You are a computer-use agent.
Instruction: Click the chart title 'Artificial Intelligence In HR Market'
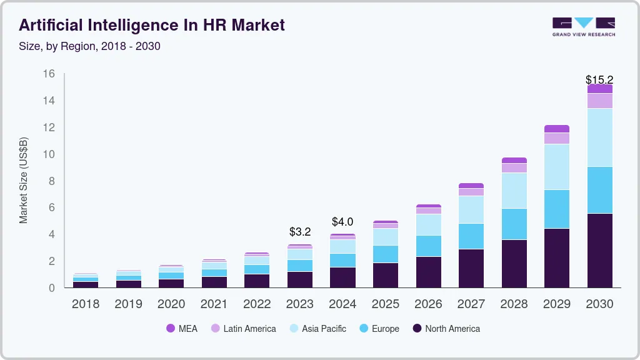click(x=152, y=25)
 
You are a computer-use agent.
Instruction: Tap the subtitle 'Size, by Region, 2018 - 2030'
click(x=90, y=46)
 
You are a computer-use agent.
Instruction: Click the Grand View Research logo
click(x=583, y=27)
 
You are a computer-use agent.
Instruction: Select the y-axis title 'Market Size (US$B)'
click(x=24, y=180)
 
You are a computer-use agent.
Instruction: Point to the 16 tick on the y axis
click(x=49, y=74)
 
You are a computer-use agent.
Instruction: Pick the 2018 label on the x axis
click(x=85, y=304)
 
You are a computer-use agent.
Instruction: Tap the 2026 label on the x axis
click(x=428, y=304)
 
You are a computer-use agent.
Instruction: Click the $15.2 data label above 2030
click(x=599, y=80)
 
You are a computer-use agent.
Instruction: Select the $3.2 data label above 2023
click(x=300, y=232)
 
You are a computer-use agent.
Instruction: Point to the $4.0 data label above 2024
click(x=342, y=222)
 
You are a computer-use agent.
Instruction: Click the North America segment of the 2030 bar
click(x=599, y=250)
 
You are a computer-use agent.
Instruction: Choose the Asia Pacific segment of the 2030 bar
click(x=599, y=137)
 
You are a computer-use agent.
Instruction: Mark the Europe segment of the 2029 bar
click(x=557, y=209)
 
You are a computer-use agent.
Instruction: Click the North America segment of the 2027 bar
click(x=471, y=268)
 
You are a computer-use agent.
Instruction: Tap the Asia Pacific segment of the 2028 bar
click(x=514, y=191)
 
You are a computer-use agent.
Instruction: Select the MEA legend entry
click(x=182, y=329)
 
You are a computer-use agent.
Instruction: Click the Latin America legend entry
click(x=243, y=329)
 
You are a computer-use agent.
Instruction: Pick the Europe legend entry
click(x=378, y=329)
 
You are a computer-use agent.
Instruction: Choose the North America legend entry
click(x=446, y=329)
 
